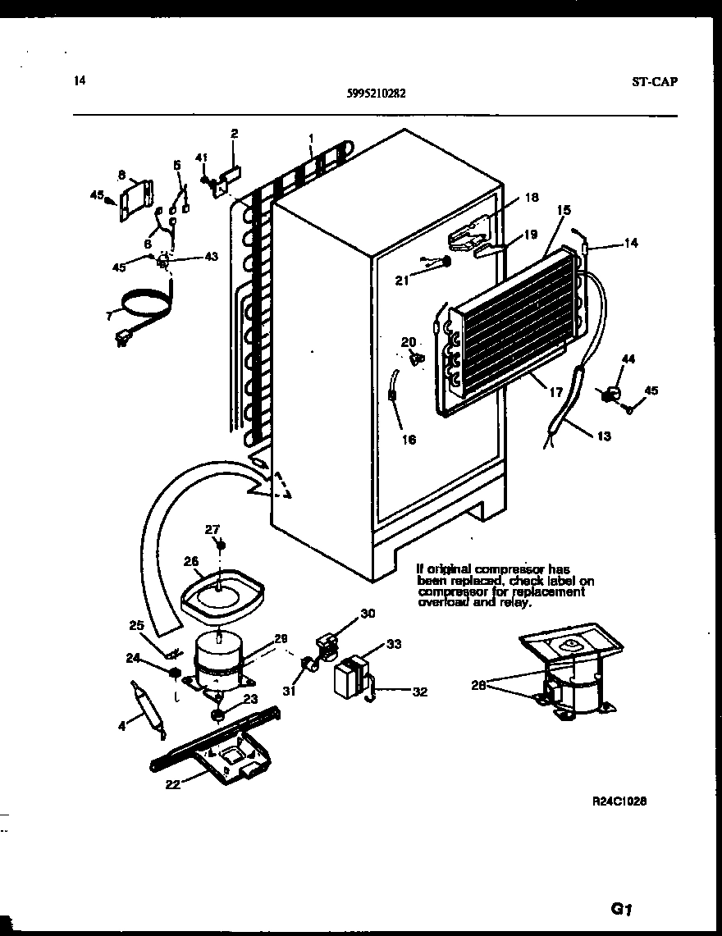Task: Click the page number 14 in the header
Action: click(79, 80)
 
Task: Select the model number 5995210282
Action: click(376, 94)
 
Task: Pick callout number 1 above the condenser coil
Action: click(311, 139)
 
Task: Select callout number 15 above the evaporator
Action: click(563, 211)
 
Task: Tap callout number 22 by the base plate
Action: click(171, 783)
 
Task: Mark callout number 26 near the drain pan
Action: click(190, 562)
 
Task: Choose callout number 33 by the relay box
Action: click(394, 645)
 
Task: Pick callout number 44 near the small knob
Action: click(628, 358)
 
